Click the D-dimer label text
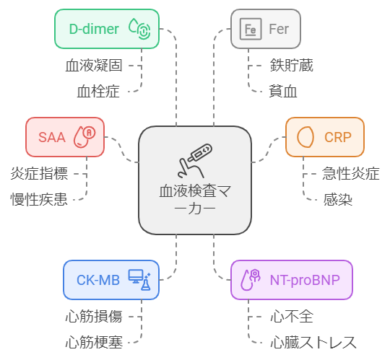pyautogui.click(x=94, y=29)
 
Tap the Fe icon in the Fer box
pyautogui.click(x=251, y=29)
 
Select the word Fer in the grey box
pyautogui.click(x=279, y=29)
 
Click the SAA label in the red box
pyautogui.click(x=52, y=137)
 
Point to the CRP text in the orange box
pyautogui.click(x=338, y=137)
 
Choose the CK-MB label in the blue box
pyautogui.click(x=98, y=280)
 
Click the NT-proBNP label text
pyautogui.click(x=305, y=280)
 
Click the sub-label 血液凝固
pyautogui.click(x=94, y=66)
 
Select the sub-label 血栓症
pyautogui.click(x=98, y=92)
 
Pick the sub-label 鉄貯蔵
pyautogui.click(x=292, y=66)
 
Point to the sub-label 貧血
pyautogui.click(x=283, y=92)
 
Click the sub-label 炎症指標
pyautogui.click(x=39, y=173)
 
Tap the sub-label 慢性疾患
pyautogui.click(x=39, y=199)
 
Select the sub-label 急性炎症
pyautogui.click(x=351, y=173)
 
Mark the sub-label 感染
pyautogui.click(x=337, y=199)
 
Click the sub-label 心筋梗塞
pyautogui.click(x=94, y=343)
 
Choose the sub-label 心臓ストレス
pyautogui.click(x=313, y=343)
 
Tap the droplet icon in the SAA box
pyautogui.click(x=84, y=137)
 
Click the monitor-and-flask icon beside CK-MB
pyautogui.click(x=139, y=280)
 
